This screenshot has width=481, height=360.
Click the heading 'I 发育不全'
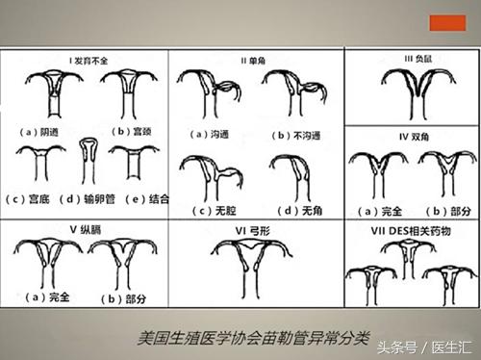(x=89, y=63)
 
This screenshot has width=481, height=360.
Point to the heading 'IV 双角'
(x=415, y=139)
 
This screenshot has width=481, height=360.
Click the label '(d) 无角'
(x=295, y=210)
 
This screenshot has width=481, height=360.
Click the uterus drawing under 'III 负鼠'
(x=414, y=91)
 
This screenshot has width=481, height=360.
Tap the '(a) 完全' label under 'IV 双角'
(x=379, y=210)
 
